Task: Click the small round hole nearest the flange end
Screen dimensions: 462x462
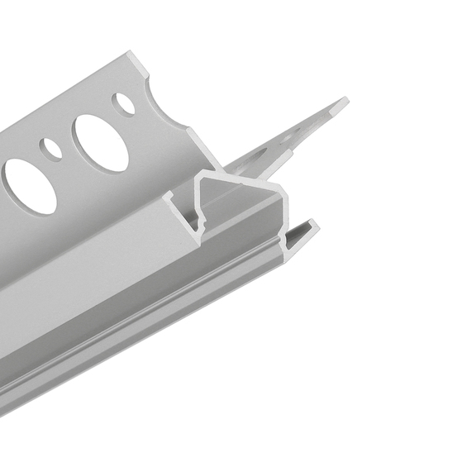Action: coord(124,103)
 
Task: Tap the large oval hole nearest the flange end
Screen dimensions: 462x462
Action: coord(100,142)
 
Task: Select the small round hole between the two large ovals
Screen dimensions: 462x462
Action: coord(52,149)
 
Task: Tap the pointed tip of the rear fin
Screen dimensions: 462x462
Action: coord(345,102)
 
